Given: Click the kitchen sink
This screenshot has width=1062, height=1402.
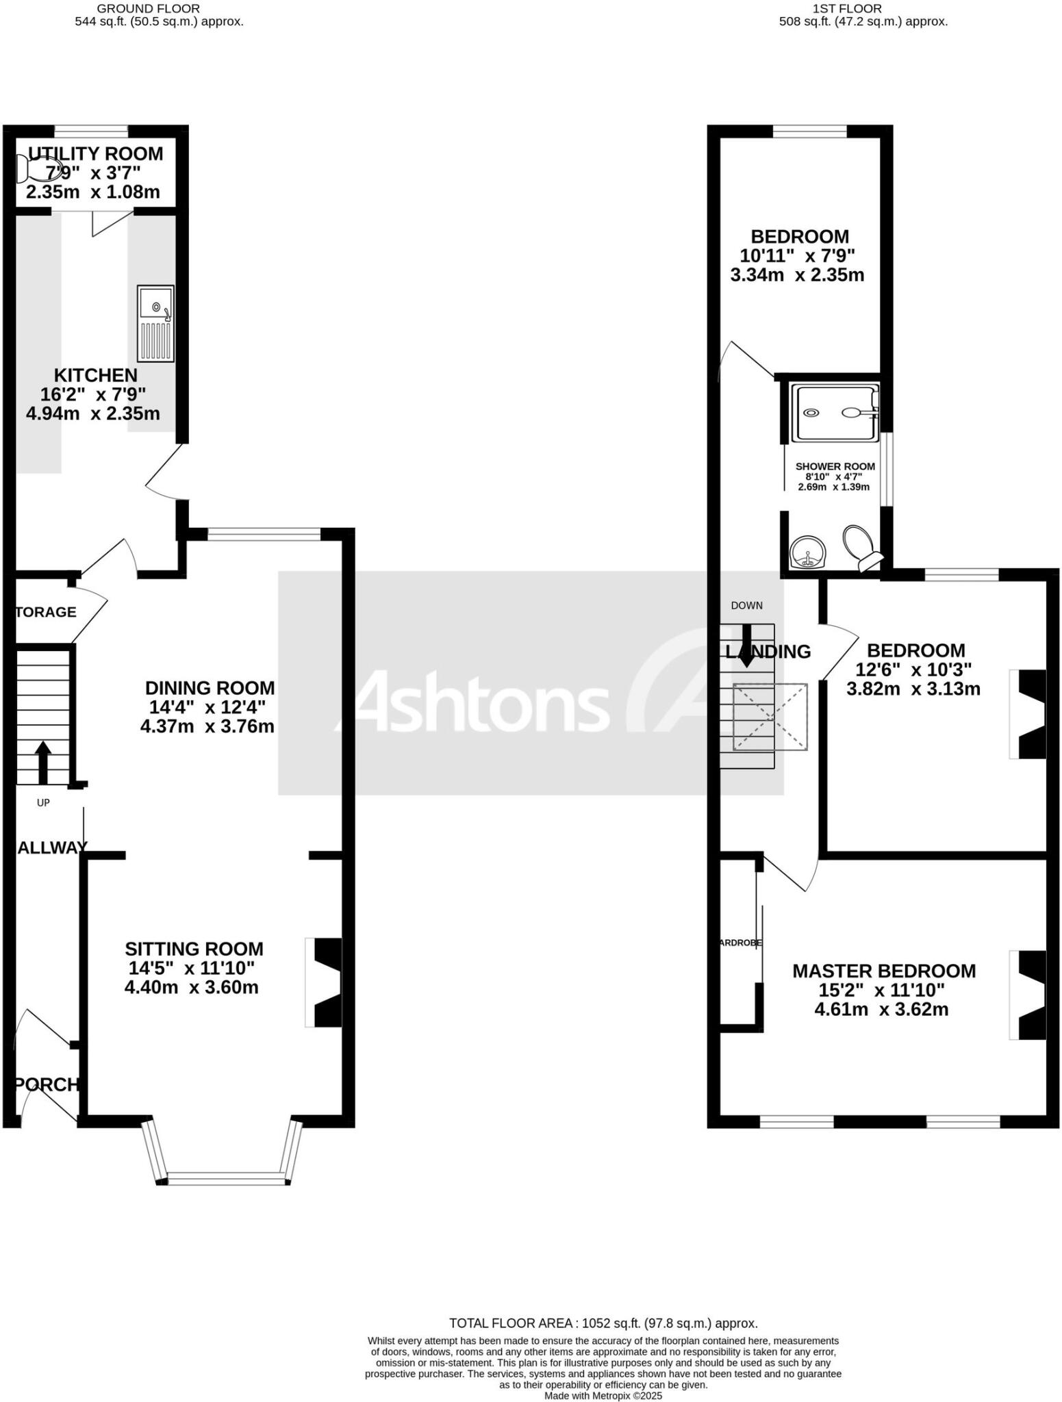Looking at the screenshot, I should tap(155, 323).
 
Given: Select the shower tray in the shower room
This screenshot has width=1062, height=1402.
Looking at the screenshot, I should tap(835, 413).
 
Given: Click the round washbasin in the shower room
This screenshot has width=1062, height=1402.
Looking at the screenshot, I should tap(809, 552).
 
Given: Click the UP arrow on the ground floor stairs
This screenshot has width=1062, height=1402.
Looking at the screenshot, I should tap(42, 761).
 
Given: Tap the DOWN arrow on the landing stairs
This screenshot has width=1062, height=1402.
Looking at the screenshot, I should tap(746, 646).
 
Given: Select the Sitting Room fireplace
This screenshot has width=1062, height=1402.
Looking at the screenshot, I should tap(325, 982).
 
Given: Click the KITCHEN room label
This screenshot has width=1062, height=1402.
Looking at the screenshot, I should tap(96, 375).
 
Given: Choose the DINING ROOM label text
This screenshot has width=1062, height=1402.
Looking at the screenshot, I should tap(210, 688).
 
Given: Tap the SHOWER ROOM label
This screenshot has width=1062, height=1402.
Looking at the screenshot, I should tap(835, 467).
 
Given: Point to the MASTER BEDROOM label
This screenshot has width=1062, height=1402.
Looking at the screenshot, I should tap(883, 971).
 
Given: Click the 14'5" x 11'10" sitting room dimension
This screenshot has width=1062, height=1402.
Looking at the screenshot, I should tap(192, 968).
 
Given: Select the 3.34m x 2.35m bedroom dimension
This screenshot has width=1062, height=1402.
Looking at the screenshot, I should tap(797, 275).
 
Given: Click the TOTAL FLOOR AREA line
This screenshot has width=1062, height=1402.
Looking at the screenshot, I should tap(603, 1323).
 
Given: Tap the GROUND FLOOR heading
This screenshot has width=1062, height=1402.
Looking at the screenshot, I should tap(148, 9).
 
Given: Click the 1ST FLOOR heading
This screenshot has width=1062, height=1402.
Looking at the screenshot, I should tap(847, 9).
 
